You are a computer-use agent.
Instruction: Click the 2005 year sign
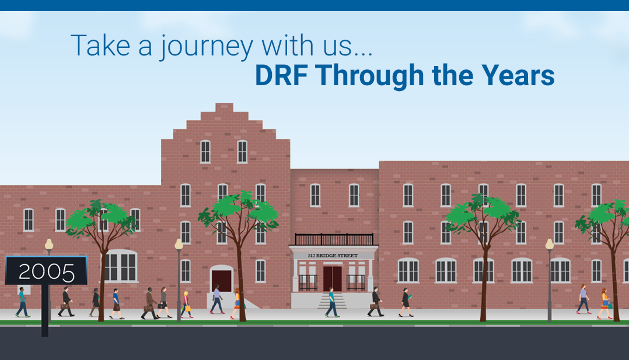tap(46, 271)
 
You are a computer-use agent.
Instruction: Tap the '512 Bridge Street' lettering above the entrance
tap(333, 256)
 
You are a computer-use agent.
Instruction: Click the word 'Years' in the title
tap(518, 75)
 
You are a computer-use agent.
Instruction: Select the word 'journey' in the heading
tap(207, 47)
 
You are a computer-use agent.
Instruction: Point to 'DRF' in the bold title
tap(281, 75)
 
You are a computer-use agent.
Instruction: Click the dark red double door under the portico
tap(333, 278)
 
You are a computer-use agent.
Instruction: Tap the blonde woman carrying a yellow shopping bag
tap(186, 305)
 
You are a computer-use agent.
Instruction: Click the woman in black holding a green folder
tap(406, 302)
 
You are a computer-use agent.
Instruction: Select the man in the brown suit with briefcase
tap(149, 303)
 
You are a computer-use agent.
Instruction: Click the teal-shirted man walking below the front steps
tap(332, 302)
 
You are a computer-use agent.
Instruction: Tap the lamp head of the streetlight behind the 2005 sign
tap(49, 244)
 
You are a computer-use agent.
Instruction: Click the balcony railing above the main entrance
tap(334, 240)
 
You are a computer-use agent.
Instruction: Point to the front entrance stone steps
tap(332, 300)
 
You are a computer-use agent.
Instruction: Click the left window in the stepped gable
tap(205, 152)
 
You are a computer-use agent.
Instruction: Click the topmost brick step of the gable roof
tap(224, 107)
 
